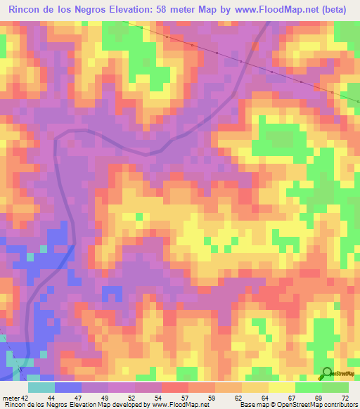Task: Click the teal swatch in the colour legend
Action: point(41,387)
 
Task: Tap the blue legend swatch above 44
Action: point(67,387)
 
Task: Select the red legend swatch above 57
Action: point(174,387)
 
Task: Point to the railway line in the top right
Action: point(239,60)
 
